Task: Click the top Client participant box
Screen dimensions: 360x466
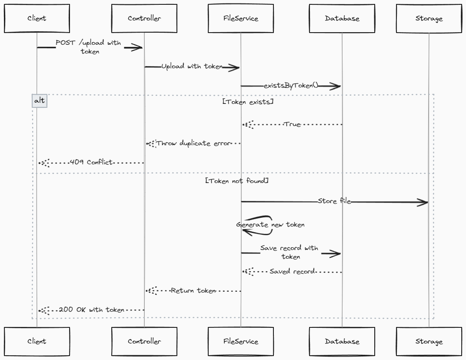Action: tap(37, 19)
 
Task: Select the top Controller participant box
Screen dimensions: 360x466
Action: tap(144, 19)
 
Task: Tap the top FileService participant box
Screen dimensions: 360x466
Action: tap(241, 19)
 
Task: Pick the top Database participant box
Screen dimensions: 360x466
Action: tap(342, 19)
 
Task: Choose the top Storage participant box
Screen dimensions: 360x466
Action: tap(429, 19)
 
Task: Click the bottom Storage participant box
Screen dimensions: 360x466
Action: tap(429, 341)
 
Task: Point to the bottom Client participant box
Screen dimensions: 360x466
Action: tap(37, 341)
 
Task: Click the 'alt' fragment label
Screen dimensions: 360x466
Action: tap(39, 101)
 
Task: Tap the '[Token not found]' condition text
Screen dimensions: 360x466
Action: tap(236, 180)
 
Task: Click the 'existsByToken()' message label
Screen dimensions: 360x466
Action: tap(291, 86)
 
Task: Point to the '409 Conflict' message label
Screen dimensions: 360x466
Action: tap(91, 162)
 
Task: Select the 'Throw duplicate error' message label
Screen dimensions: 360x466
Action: tap(193, 143)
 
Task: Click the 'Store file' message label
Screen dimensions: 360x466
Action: tap(334, 201)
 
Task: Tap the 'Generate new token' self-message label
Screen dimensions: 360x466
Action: tap(270, 225)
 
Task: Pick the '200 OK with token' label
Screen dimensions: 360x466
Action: tap(92, 310)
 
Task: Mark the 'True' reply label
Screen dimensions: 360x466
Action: tap(292, 124)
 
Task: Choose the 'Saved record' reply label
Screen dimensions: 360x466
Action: tap(292, 271)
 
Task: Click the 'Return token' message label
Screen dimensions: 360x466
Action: tap(193, 290)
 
